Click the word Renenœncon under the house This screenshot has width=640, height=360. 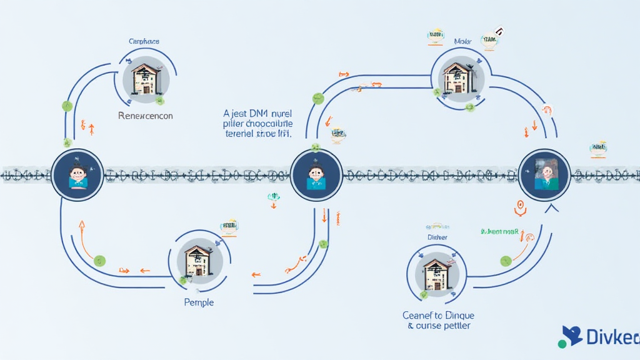pyautogui.click(x=145, y=116)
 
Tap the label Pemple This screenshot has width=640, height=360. pyautogui.click(x=199, y=302)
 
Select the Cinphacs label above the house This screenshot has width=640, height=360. pyautogui.click(x=144, y=41)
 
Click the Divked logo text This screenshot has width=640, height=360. pyautogui.click(x=612, y=337)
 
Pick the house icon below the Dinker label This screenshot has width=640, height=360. pyautogui.click(x=437, y=272)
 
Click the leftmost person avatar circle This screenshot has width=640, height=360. pyautogui.click(x=77, y=174)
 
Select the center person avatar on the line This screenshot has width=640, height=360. pyautogui.click(x=316, y=174)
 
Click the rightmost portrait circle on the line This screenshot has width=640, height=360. pyautogui.click(x=544, y=174)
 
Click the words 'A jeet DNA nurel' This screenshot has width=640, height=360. pyautogui.click(x=257, y=114)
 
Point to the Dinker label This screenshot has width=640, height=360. pyautogui.click(x=437, y=237)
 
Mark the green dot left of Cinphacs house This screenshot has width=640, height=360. pyautogui.click(x=67, y=106)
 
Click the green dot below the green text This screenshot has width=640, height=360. pyautogui.click(x=506, y=261)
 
